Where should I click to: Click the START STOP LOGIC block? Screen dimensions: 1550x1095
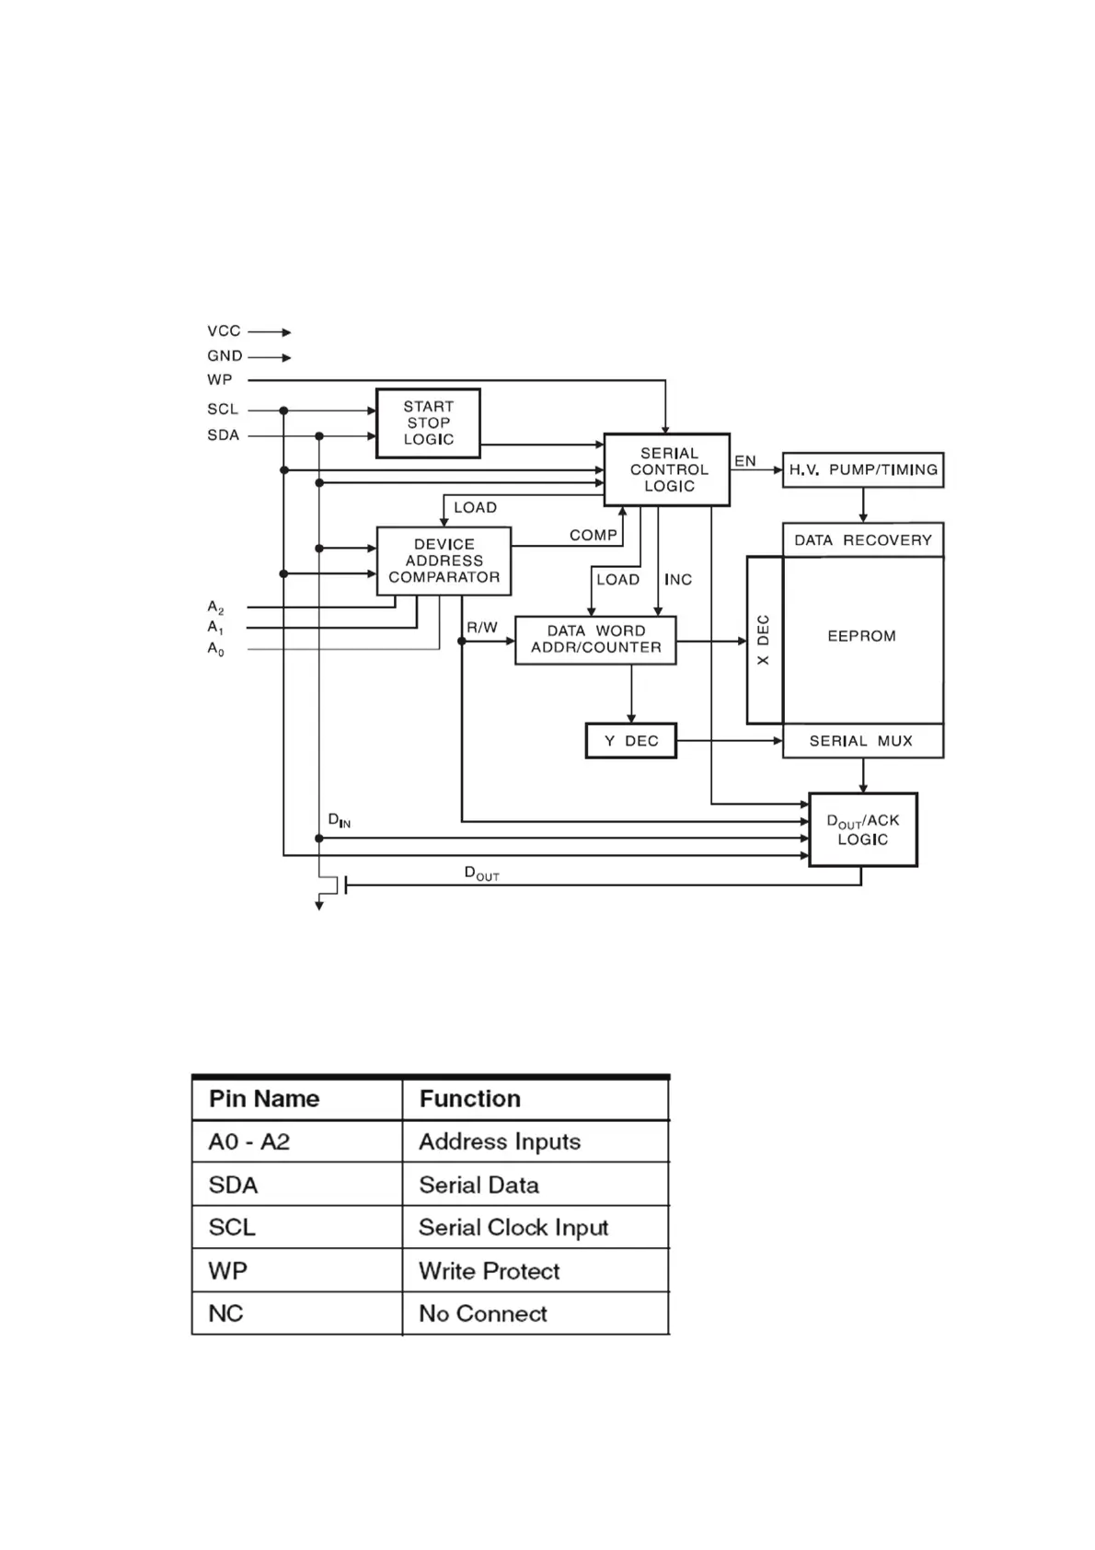(x=428, y=423)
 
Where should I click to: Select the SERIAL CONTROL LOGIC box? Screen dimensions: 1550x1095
(x=667, y=469)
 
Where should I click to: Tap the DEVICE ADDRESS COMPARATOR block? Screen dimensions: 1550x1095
(x=444, y=561)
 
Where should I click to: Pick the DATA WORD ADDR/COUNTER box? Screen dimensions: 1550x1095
(x=595, y=640)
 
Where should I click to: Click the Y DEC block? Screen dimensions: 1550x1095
(x=631, y=741)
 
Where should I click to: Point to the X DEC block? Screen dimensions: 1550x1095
(x=764, y=640)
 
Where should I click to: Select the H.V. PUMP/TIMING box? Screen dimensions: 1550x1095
(x=863, y=469)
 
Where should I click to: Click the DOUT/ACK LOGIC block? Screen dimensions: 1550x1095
(x=863, y=829)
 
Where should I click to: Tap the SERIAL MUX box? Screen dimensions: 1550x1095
(x=862, y=741)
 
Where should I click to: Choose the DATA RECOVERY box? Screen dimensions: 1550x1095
(x=863, y=540)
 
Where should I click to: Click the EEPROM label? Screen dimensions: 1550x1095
(x=861, y=636)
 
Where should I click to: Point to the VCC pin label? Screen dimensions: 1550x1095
(x=224, y=331)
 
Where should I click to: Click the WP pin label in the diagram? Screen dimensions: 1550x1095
(x=220, y=379)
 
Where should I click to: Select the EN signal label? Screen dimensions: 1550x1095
(x=745, y=461)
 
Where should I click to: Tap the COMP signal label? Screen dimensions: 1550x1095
(x=593, y=535)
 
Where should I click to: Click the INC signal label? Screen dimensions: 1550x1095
(x=678, y=580)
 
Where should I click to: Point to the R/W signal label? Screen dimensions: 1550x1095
(x=482, y=628)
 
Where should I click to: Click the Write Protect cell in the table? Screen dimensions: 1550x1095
(x=490, y=1271)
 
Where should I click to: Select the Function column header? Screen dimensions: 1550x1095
(x=470, y=1099)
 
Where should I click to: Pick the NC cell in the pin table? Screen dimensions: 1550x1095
(x=226, y=1313)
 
